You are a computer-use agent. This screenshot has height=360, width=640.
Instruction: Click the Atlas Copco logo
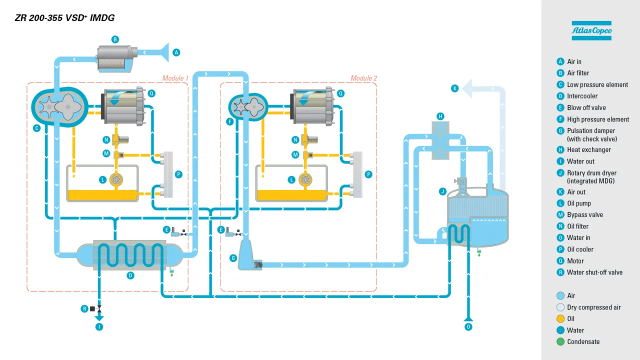[x=591, y=30]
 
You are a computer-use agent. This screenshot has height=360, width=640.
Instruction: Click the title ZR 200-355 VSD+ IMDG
[x=65, y=18]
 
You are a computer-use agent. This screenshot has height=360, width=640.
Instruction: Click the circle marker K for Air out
[x=454, y=88]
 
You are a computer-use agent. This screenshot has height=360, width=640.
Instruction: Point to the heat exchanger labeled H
[x=440, y=140]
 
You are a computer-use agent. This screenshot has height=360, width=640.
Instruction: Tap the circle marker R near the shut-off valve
[x=84, y=309]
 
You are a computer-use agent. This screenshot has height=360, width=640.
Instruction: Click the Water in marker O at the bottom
[x=468, y=327]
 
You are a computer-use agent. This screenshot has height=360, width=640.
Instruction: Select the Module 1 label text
[x=175, y=78]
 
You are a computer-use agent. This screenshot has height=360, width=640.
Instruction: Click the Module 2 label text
[x=363, y=78]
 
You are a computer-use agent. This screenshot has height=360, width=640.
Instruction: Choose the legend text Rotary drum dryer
[x=591, y=173]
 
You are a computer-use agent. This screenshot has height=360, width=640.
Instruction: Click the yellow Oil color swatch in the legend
[x=560, y=318]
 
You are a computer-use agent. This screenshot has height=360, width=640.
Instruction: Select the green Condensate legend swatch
[x=560, y=342]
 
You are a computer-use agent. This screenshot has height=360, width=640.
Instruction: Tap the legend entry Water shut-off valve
[x=594, y=272]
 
